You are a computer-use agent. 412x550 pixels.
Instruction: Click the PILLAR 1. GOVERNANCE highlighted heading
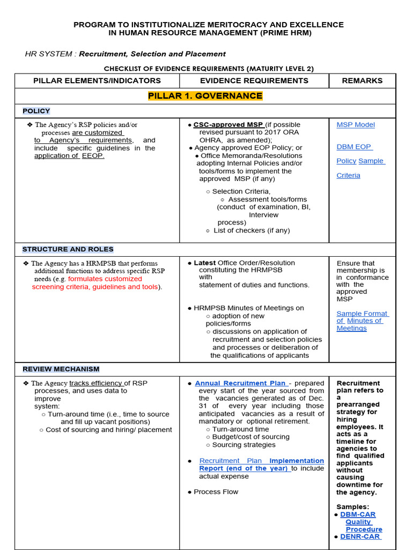tap(205, 96)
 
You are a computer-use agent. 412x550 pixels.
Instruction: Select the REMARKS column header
tap(362, 81)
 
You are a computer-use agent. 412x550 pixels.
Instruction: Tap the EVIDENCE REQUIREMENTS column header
tap(254, 81)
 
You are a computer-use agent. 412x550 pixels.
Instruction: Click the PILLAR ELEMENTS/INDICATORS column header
tap(97, 81)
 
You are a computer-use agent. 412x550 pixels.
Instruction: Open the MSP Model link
tap(356, 125)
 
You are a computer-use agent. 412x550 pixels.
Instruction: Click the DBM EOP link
tap(354, 147)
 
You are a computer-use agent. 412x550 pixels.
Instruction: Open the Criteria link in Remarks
tap(348, 176)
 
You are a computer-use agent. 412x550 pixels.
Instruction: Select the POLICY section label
tap(36, 111)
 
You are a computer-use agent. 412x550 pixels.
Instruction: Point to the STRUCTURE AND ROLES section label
tap(68, 249)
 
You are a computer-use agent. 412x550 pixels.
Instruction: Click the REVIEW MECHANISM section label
tap(61, 369)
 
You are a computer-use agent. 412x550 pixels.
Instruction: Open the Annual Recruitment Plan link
tap(241, 383)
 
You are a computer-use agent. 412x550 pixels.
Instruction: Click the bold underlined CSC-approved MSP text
tap(228, 125)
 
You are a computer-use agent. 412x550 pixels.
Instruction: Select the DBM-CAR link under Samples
tap(358, 515)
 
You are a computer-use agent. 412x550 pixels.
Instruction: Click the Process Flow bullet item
tap(216, 492)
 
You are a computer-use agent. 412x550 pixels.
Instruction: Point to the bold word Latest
tap(204, 263)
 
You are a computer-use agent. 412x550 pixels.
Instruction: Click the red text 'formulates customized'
tap(105, 279)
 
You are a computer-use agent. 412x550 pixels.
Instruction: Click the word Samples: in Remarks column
tap(352, 507)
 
